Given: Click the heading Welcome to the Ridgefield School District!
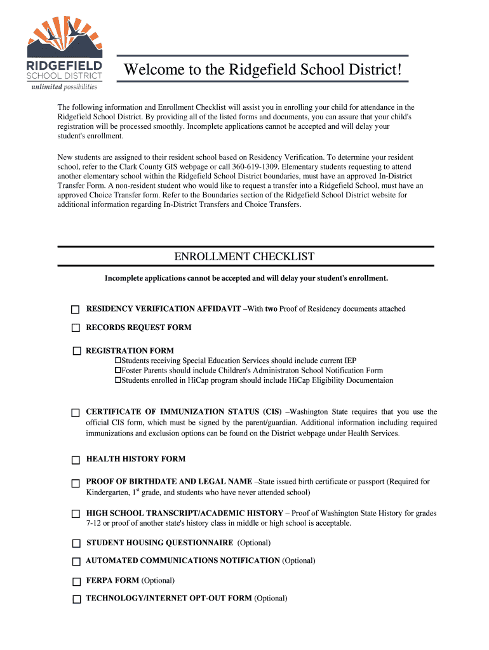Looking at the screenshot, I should tap(263, 69).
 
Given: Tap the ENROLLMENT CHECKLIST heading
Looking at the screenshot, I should tap(245, 256).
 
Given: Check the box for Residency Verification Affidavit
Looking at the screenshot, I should tap(75, 310).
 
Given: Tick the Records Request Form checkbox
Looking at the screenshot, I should tap(76, 328).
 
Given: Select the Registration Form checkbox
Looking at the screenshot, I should tap(77, 351).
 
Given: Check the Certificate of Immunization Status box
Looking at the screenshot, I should tap(75, 413).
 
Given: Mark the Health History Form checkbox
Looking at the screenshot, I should tap(76, 460).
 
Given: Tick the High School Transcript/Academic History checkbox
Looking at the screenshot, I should tap(76, 514).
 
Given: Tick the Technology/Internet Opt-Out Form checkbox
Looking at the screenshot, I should tap(76, 599).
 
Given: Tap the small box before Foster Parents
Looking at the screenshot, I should tap(117, 370).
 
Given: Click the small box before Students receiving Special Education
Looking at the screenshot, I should tap(117, 360).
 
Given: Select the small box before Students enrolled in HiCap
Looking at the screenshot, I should tap(117, 380).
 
